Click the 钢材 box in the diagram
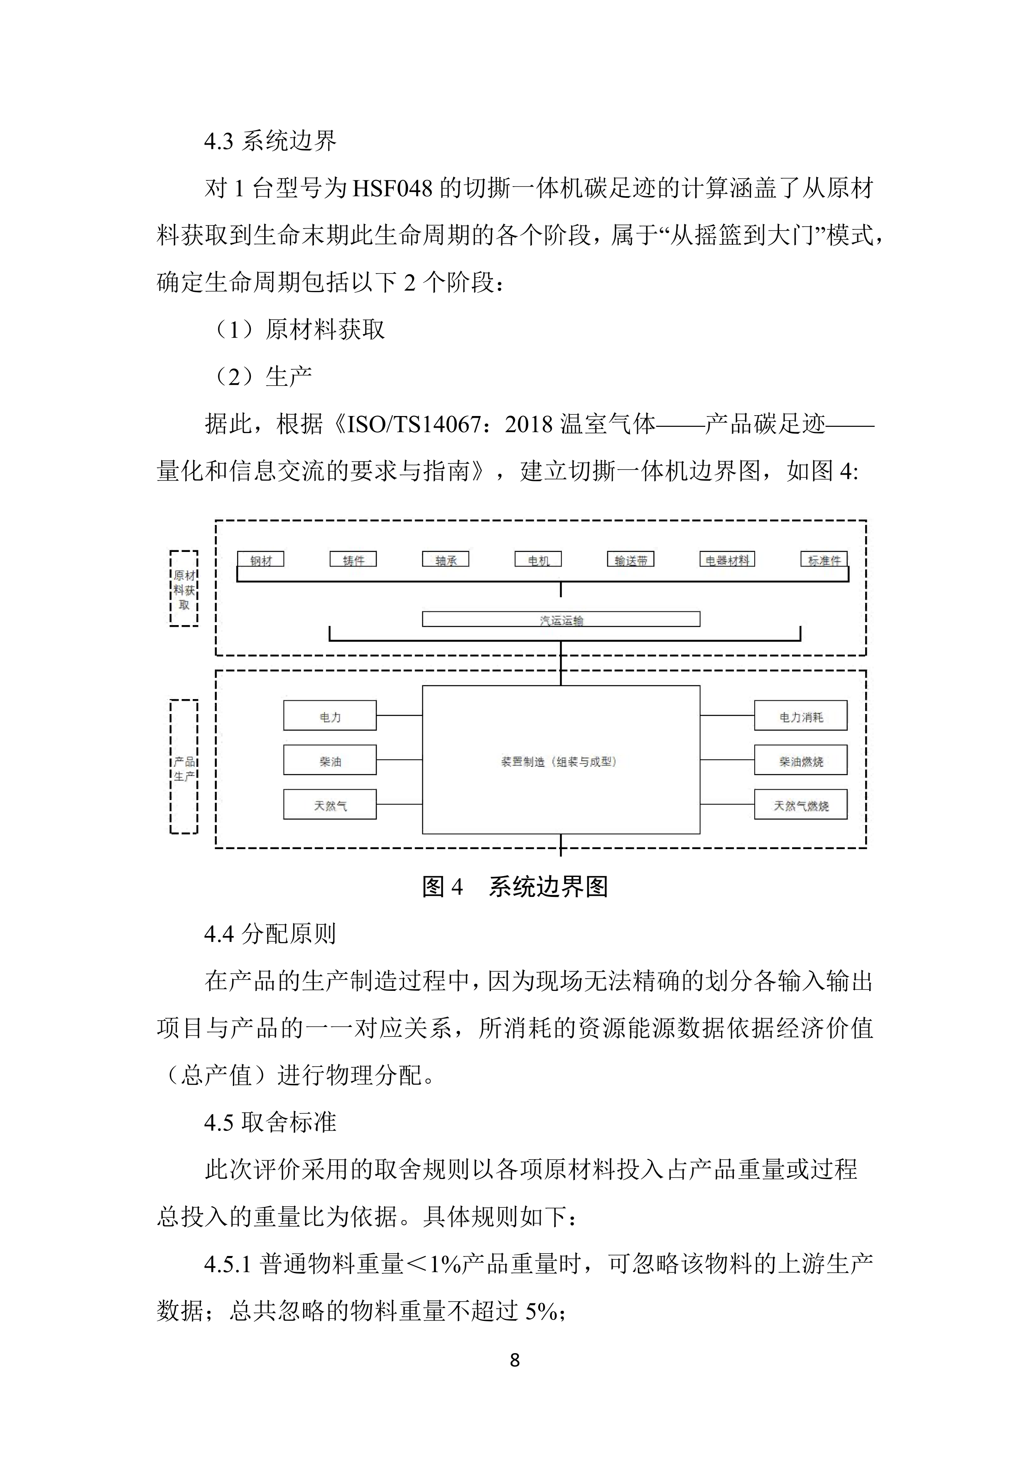coord(260,559)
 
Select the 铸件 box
coord(353,559)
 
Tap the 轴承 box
coord(446,559)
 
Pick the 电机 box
coord(538,559)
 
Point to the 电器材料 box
coord(727,559)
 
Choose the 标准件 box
coord(824,559)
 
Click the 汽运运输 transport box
coord(561,619)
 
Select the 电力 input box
coord(330,716)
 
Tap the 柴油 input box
coord(330,760)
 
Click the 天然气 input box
coord(330,805)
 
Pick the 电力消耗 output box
coord(800,716)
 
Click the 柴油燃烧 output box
coord(800,760)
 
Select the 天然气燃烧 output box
coord(800,805)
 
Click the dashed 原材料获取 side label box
coord(184,589)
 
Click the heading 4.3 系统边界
coord(270,140)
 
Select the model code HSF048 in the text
coord(392,189)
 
